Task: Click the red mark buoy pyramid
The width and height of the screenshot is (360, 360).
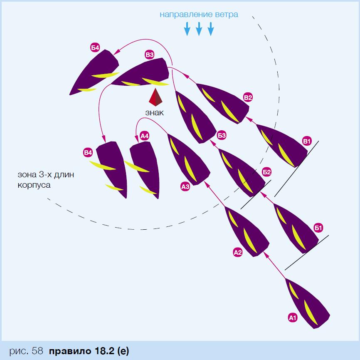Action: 155,97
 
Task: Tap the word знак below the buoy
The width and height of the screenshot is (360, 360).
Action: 155,113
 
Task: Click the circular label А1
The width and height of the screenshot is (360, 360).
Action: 293,318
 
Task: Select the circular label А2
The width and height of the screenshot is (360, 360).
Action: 238,252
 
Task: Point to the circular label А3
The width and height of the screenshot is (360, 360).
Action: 185,187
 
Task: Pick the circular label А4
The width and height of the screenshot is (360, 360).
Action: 144,136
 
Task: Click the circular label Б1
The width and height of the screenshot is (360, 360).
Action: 318,228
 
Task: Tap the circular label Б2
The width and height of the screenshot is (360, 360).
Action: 266,172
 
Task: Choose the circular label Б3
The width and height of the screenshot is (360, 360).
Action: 222,135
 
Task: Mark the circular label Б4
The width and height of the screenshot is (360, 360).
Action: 95,48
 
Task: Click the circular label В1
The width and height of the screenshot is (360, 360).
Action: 307,141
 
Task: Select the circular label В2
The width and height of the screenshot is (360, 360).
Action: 248,98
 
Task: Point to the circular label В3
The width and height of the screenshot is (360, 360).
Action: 150,55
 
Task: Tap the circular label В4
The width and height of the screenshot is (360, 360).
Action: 88,153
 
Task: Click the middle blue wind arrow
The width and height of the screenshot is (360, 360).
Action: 199,29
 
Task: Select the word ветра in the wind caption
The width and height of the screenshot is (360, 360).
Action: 227,15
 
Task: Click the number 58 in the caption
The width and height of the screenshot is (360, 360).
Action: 37,351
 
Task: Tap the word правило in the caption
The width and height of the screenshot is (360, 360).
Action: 70,351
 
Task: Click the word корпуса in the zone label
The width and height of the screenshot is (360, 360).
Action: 34,185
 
